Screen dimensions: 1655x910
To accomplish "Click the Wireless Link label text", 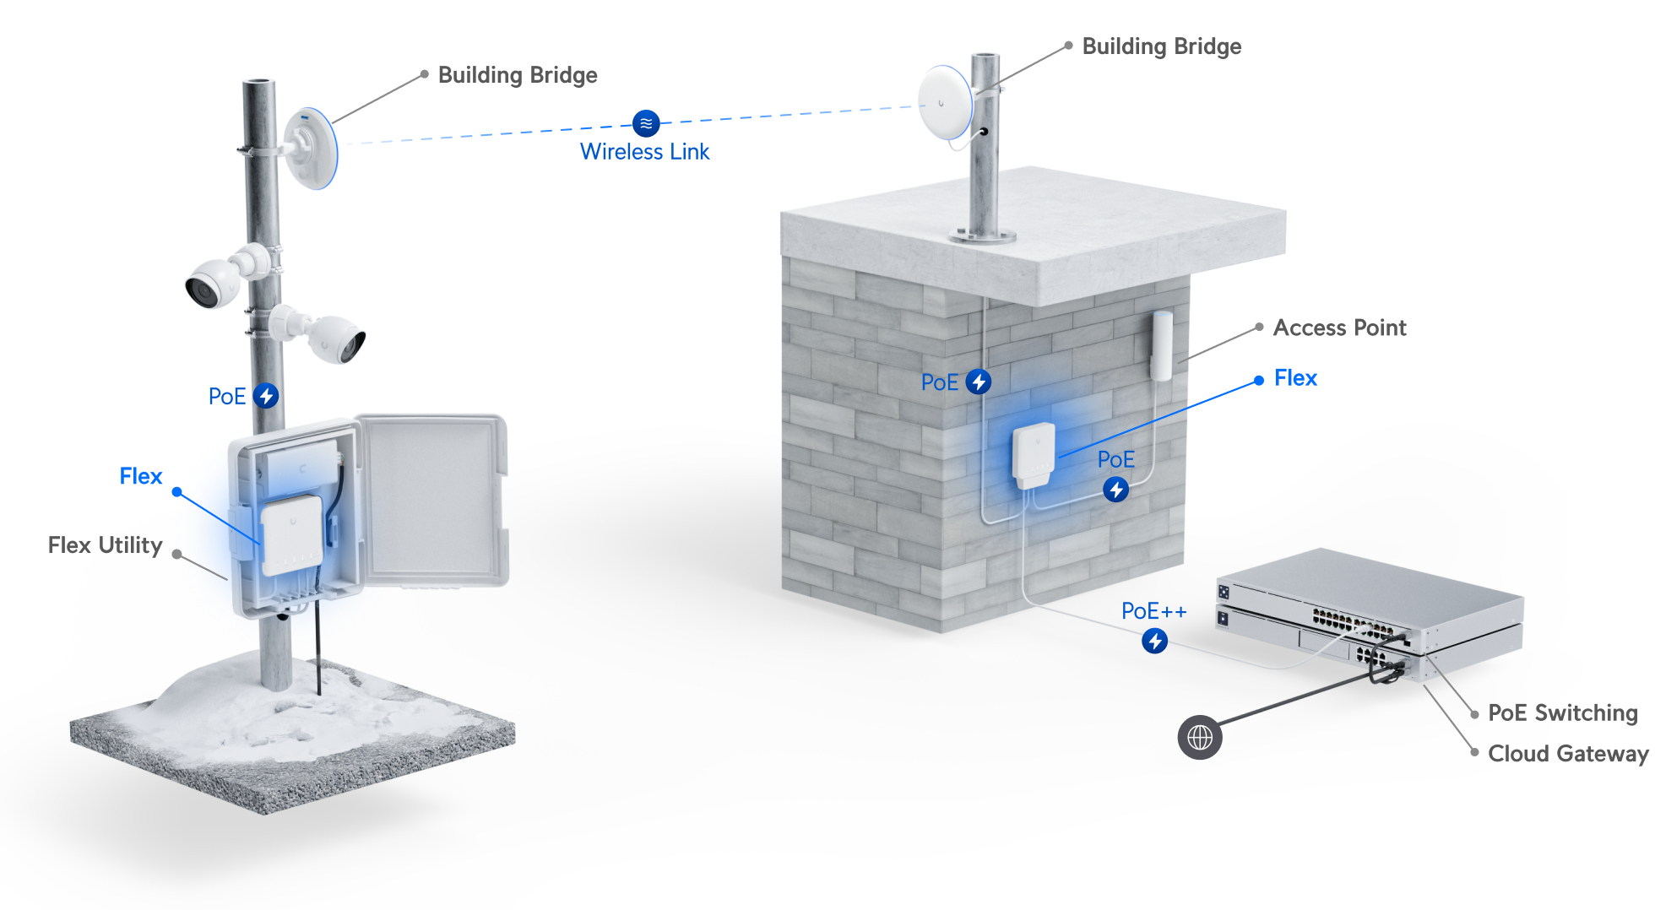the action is point(644,152).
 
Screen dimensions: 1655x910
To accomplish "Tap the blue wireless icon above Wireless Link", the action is point(646,123).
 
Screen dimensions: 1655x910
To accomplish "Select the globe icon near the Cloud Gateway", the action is point(1200,738).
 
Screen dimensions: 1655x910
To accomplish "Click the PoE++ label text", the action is point(1153,611).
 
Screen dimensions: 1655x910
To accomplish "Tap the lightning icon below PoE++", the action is point(1155,641).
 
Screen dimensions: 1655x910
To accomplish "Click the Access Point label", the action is point(1340,328).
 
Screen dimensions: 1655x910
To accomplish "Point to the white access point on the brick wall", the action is point(1162,345).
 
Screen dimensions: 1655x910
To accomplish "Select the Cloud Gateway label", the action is point(1568,754).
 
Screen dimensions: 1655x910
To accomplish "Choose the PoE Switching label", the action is point(1563,713).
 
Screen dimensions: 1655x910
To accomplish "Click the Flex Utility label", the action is point(105,545).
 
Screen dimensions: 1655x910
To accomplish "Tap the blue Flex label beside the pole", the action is point(140,476).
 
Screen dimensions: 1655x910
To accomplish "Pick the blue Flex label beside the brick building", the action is point(1295,378).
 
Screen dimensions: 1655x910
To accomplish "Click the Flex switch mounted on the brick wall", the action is point(1034,454).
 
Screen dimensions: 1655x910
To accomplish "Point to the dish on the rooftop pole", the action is point(945,102).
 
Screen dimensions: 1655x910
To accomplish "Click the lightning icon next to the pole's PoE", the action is point(266,396).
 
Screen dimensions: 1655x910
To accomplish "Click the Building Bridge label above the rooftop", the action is point(1162,46).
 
